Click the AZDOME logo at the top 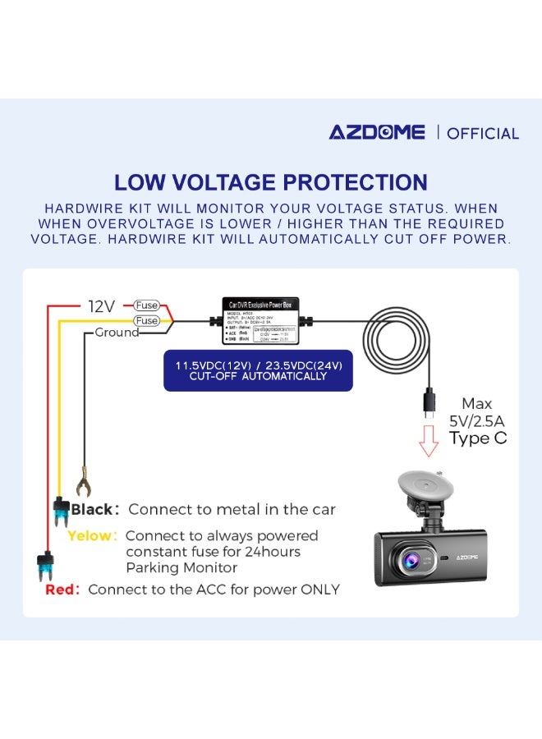click(x=377, y=132)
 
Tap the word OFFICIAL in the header click(x=483, y=133)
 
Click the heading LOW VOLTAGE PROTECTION click(x=270, y=182)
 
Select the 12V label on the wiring click(x=102, y=306)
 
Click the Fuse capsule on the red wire click(x=147, y=305)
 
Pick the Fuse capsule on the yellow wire click(x=147, y=320)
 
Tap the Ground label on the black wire click(x=117, y=333)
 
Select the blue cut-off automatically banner click(x=258, y=370)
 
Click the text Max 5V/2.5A click(x=477, y=411)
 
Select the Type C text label click(x=477, y=438)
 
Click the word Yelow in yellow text click(x=91, y=535)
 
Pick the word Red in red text click(x=62, y=590)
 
